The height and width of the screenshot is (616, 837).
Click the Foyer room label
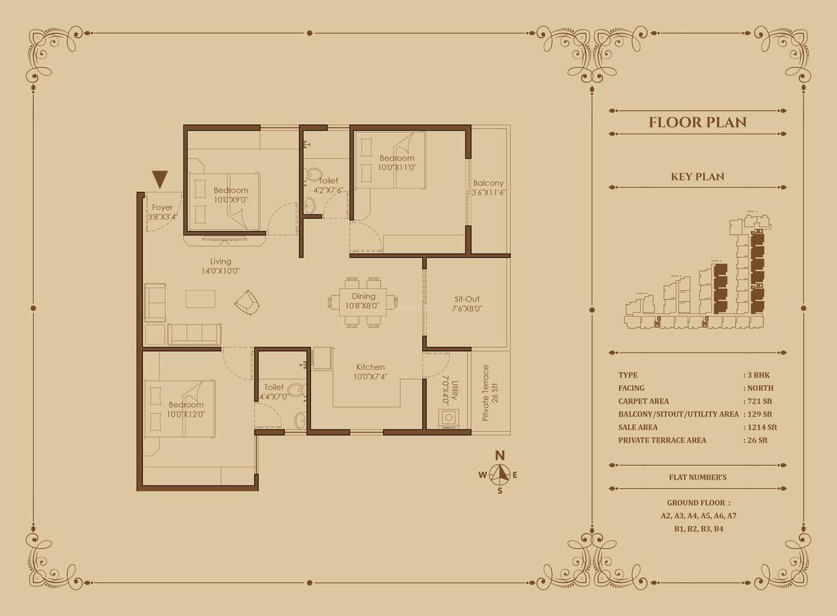162,207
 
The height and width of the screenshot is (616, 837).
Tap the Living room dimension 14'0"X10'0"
221,271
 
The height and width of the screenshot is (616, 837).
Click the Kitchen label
370,367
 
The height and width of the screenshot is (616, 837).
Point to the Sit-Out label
467,299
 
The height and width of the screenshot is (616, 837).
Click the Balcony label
488,183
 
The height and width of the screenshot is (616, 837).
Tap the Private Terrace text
486,393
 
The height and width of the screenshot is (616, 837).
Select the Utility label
455,391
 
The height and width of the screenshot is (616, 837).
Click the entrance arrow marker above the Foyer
159,179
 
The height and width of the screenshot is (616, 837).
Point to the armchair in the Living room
247,303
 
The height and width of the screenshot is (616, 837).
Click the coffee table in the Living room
201,299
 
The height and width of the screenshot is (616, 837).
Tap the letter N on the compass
499,456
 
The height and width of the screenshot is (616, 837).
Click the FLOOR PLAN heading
698,122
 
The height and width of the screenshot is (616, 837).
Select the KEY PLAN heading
698,176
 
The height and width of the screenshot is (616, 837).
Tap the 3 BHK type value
758,375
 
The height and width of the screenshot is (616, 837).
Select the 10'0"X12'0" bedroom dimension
185,414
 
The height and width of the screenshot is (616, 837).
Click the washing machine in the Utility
448,418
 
